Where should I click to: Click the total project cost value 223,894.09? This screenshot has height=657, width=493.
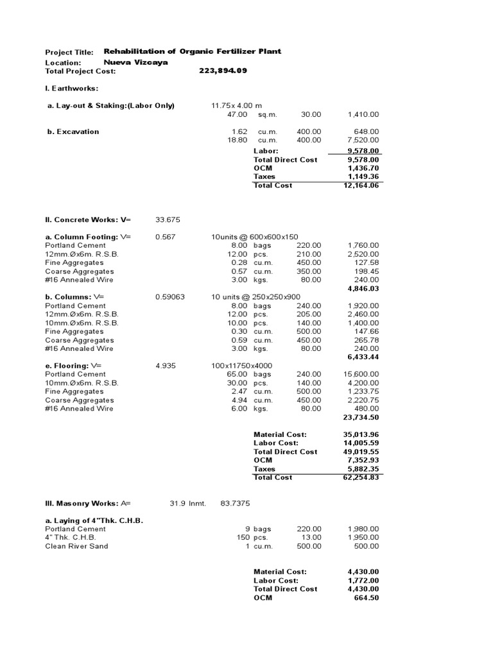[x=223, y=71]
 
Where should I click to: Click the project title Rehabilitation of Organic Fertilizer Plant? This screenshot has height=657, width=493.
[x=193, y=51]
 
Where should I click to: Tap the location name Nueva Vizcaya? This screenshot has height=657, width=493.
[x=136, y=62]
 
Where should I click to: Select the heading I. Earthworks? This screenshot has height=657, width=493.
[x=71, y=88]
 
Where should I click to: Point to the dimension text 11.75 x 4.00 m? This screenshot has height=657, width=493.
[x=237, y=105]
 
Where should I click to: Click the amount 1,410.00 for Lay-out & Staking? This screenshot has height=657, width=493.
[x=363, y=114]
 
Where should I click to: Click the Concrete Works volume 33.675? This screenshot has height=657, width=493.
[x=168, y=219]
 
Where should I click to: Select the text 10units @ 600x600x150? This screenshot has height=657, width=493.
[x=255, y=237]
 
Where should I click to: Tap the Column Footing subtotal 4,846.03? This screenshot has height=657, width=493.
[x=363, y=289]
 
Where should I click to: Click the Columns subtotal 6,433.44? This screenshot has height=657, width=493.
[x=363, y=357]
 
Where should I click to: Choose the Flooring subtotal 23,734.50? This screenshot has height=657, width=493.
[x=361, y=417]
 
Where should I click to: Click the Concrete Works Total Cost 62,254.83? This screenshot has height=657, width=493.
[x=361, y=477]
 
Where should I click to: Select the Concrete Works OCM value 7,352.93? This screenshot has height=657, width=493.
[x=363, y=460]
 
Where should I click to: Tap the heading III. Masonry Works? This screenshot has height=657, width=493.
[x=82, y=503]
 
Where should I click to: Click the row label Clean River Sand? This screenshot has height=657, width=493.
[x=76, y=546]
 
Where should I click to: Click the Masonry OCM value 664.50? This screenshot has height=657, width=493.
[x=366, y=597]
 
